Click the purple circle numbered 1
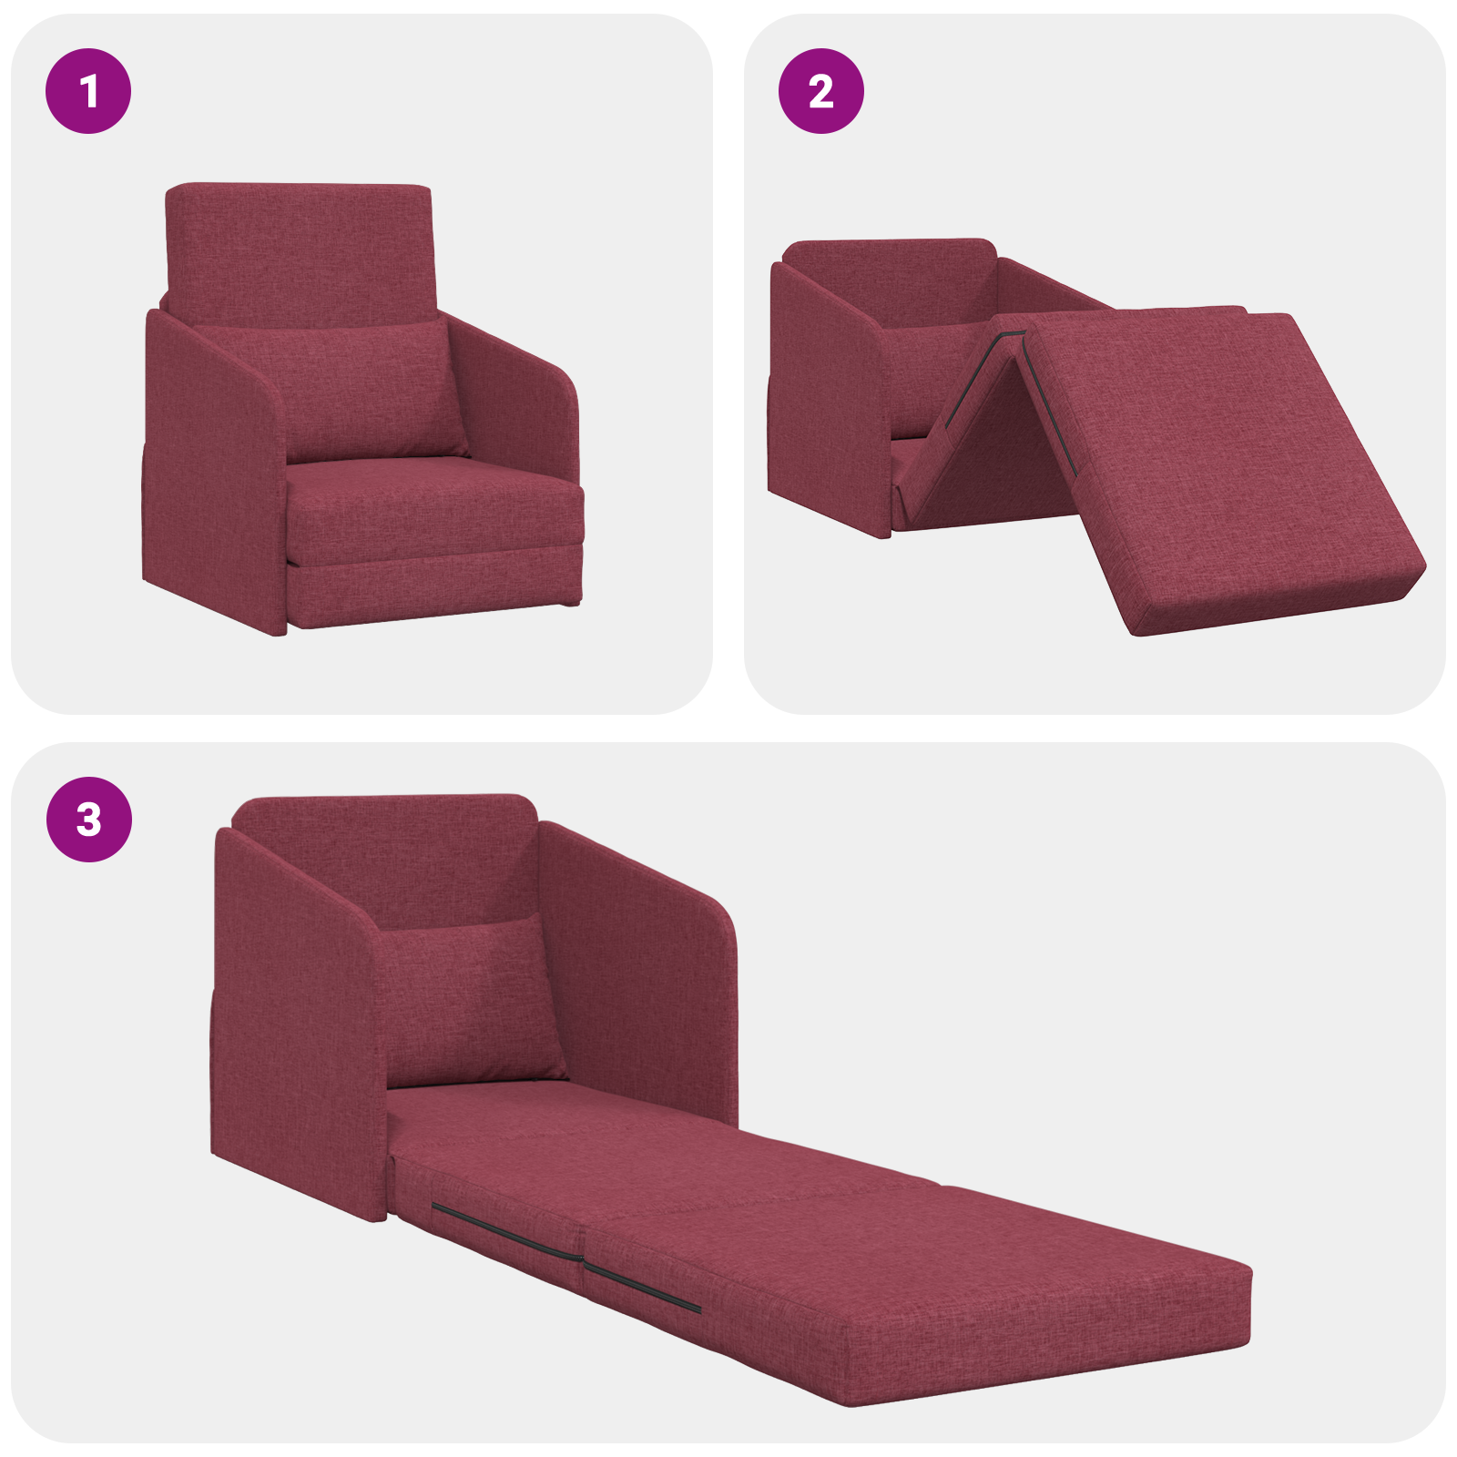click(x=88, y=91)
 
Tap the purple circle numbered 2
click(x=820, y=91)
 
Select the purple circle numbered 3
click(x=88, y=819)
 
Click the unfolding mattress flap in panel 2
click(x=1220, y=464)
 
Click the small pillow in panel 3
click(x=469, y=1002)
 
